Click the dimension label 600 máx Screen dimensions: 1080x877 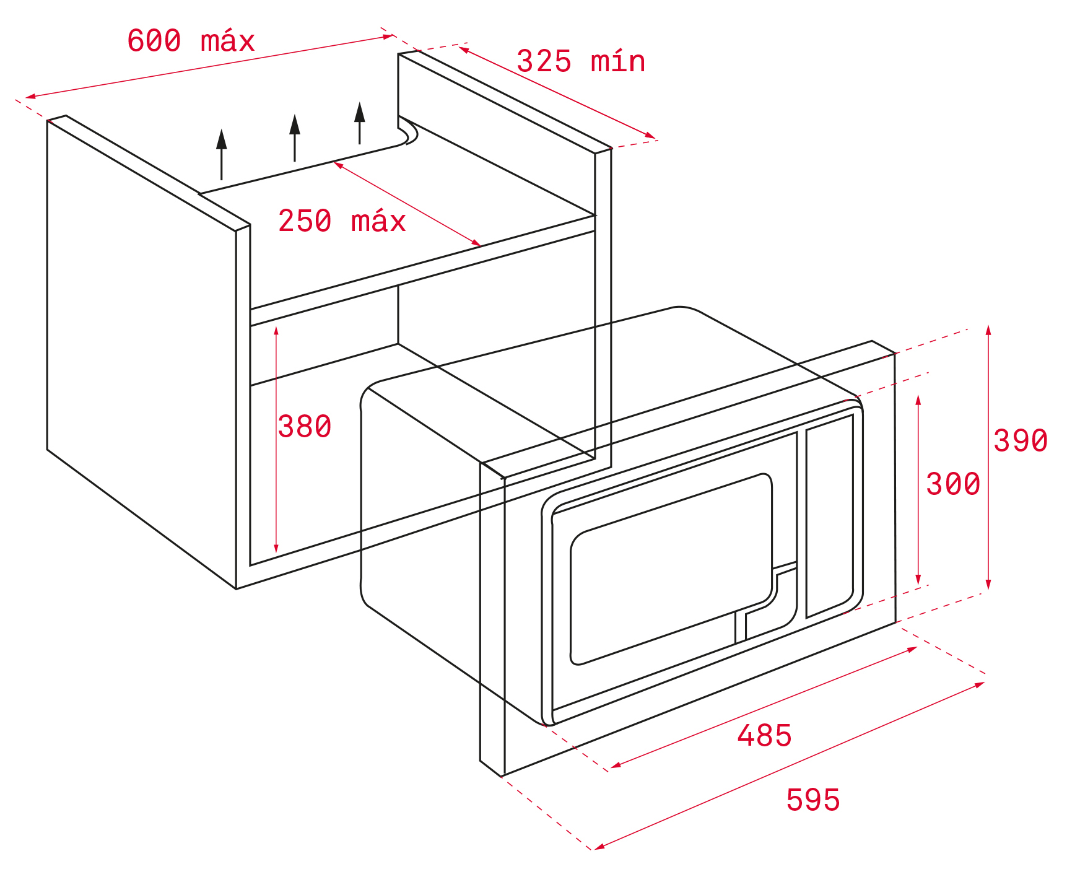191,41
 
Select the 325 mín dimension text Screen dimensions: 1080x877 581,61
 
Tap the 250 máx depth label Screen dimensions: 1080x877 342,221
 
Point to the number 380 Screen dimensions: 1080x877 305,427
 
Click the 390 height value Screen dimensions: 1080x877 1021,441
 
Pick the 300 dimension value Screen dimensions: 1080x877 953,484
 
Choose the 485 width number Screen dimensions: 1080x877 764,736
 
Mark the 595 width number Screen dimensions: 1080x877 813,800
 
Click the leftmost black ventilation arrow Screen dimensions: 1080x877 222,155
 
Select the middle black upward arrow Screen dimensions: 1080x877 295,137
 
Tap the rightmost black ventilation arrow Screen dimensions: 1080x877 360,123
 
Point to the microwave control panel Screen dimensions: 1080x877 830,517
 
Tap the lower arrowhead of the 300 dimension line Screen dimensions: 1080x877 918,579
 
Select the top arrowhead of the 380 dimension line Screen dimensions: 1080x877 276,331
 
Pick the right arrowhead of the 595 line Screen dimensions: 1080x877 980,685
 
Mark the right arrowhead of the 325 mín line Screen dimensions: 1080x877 650,135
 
